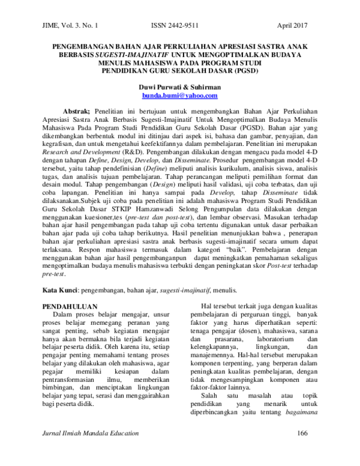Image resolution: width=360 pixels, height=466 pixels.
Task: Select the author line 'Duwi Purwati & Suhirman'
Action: (x=181, y=87)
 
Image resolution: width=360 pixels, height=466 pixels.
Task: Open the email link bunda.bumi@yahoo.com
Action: (x=181, y=95)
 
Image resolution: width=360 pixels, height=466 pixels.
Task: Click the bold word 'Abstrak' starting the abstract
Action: (x=76, y=112)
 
